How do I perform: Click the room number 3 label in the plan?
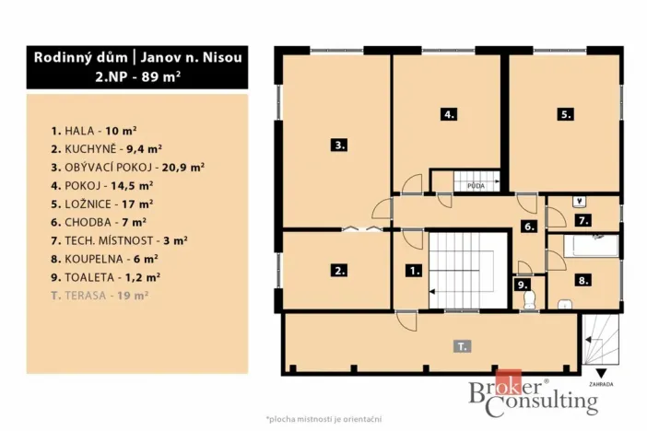click(339, 145)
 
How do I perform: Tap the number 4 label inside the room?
click(449, 115)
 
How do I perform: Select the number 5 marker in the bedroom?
click(565, 115)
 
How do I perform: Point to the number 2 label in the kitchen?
click(340, 271)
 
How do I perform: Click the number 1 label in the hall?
click(414, 271)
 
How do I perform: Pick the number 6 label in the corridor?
click(528, 227)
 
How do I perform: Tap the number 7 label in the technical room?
click(582, 221)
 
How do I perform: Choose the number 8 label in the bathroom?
click(582, 279)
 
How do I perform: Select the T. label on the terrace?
click(461, 346)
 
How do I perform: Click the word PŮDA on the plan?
click(476, 186)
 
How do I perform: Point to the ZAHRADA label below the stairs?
click(599, 383)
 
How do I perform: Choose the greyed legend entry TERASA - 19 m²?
click(101, 296)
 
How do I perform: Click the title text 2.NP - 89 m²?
click(137, 77)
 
